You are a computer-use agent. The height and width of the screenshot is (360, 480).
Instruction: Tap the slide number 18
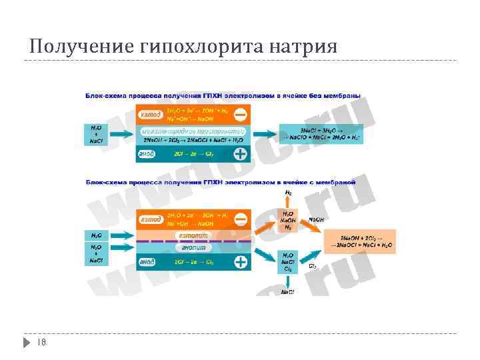(x=41, y=342)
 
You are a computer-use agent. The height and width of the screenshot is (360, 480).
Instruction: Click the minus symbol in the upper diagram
(x=241, y=115)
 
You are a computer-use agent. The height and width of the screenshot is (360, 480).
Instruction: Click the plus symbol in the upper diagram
(x=240, y=155)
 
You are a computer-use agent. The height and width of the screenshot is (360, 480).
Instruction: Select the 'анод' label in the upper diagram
(x=147, y=154)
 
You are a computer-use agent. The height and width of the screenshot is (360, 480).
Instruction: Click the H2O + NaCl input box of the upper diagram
(x=96, y=134)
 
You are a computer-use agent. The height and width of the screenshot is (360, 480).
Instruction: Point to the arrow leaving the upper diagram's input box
(x=121, y=134)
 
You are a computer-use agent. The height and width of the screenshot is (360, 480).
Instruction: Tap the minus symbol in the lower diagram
(x=241, y=219)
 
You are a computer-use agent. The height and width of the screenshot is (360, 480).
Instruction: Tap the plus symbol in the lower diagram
(x=241, y=262)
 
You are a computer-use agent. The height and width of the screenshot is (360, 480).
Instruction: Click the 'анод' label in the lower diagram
(x=147, y=262)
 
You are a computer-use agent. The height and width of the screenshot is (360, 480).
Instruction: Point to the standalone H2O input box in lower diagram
(x=96, y=235)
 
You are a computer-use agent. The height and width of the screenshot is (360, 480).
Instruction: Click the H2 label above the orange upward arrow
(x=288, y=193)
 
